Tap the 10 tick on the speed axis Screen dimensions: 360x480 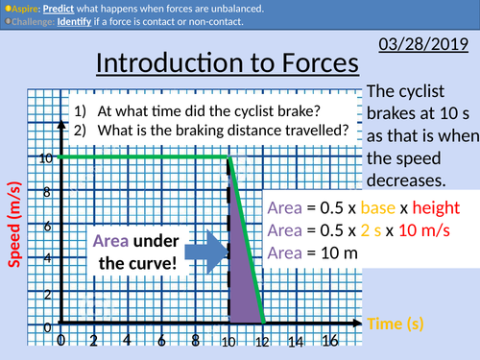pos(46,157)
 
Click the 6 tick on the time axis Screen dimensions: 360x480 pos(162,341)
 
